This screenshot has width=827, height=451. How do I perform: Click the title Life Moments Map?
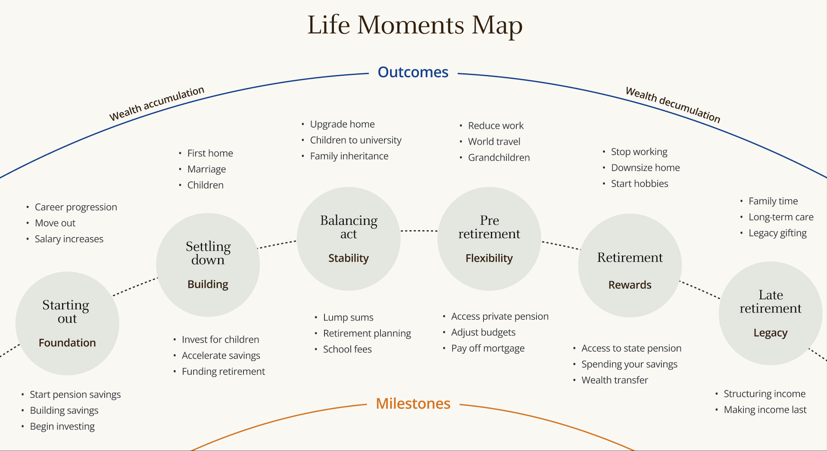[415, 25]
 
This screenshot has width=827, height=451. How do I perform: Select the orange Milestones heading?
[413, 404]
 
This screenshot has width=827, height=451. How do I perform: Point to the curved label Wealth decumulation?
[673, 104]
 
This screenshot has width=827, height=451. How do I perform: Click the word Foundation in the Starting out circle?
[67, 343]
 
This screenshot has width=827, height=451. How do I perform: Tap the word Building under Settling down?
[208, 284]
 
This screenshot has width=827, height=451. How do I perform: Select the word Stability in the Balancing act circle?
[348, 258]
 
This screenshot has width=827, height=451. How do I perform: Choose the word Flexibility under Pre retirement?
[489, 258]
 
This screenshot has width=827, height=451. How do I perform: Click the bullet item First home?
[210, 153]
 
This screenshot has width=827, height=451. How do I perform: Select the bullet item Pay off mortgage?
[488, 348]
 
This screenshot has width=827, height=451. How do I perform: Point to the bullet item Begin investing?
[62, 426]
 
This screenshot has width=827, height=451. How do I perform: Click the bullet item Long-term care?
[781, 217]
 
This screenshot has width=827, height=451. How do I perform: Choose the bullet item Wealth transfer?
[614, 380]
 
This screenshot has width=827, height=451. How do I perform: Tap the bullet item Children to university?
[355, 140]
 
